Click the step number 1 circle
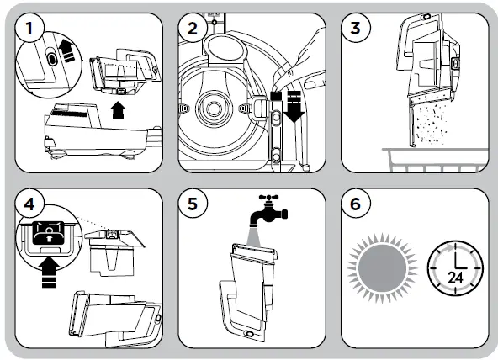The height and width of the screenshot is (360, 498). coord(29,29)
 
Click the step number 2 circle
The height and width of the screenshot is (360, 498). coord(193,29)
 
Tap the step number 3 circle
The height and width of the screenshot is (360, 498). coord(356,29)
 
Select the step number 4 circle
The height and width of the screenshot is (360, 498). coord(29,204)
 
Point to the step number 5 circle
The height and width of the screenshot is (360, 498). coord(193,204)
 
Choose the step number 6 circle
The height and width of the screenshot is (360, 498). coord(356,204)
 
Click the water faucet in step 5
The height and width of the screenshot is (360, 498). coord(268,209)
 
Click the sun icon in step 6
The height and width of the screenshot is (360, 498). coord(382,268)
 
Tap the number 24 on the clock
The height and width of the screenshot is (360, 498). coord(455,278)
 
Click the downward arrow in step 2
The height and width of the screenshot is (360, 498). coord(294,107)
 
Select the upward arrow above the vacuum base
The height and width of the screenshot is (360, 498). coord(118,110)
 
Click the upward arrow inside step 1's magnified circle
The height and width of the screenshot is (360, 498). coord(67,50)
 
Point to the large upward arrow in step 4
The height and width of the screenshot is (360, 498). coord(49,272)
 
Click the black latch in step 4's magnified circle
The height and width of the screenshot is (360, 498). coord(49,233)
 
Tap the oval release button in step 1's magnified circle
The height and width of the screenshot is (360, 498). coord(51,58)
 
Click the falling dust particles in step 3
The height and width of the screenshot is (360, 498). coord(432,124)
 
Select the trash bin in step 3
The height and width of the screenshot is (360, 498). coord(436,160)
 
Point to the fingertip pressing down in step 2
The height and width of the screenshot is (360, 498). coord(277,85)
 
